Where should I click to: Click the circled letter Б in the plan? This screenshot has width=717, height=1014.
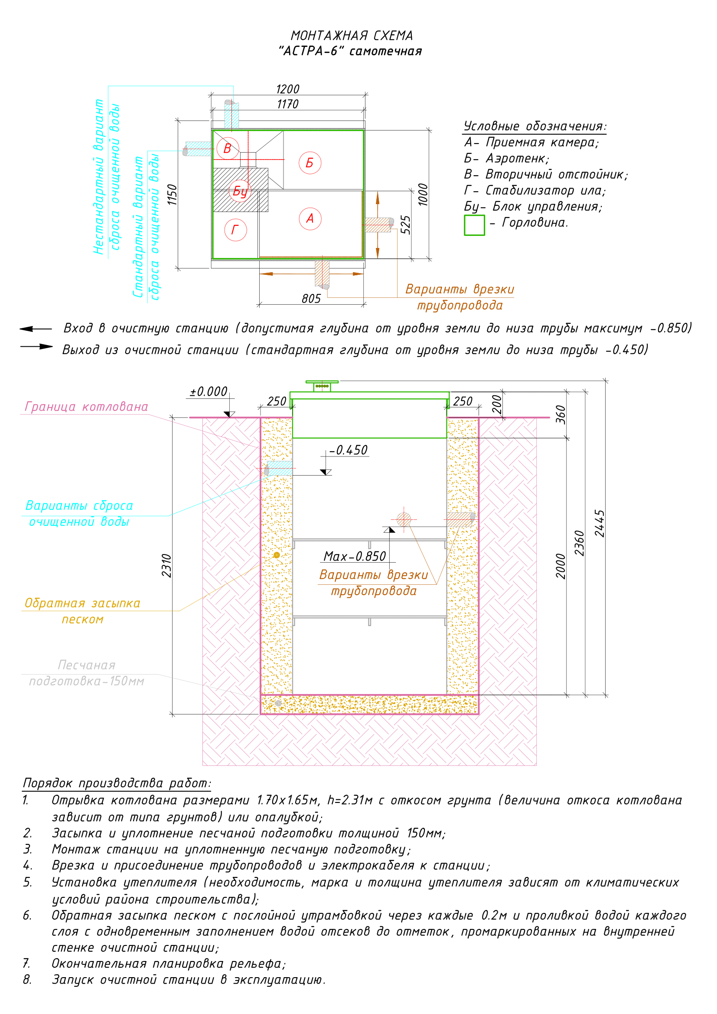point(310,163)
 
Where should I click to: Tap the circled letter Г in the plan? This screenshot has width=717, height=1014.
point(235,230)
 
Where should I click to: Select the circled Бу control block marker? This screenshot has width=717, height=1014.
point(240,191)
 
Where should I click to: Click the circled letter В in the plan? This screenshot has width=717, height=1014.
point(228,148)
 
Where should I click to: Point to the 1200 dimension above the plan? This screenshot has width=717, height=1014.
point(288,89)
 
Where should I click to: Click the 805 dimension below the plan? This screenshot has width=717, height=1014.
point(311,299)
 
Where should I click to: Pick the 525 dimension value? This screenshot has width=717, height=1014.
point(405,225)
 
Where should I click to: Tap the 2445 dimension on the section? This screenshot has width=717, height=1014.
point(600,523)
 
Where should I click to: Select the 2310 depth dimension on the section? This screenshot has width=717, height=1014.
point(166,565)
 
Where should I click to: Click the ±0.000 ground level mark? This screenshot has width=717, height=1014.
point(209,392)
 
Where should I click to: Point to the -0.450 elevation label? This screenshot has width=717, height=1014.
point(349,450)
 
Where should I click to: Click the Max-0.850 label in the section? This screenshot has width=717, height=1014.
point(355,557)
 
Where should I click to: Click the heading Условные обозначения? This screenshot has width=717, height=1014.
point(535,126)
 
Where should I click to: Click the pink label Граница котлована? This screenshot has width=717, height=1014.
point(87,406)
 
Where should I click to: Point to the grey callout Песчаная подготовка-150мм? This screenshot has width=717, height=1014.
point(87,673)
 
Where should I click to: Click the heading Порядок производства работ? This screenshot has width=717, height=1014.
point(117,783)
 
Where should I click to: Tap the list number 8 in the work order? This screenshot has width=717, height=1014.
point(27,980)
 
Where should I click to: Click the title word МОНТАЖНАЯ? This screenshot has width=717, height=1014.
point(323,36)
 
